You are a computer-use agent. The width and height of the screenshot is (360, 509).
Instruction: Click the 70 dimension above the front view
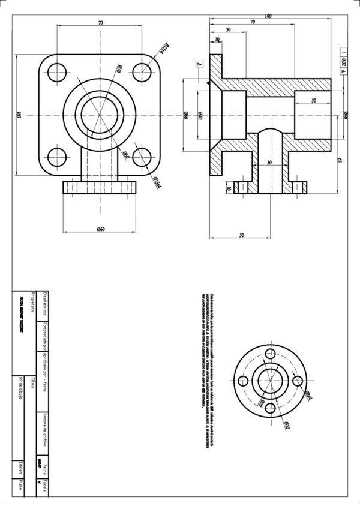pyautogui.click(x=100, y=22)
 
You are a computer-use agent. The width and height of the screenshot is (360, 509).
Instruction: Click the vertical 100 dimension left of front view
pyautogui.click(x=19, y=114)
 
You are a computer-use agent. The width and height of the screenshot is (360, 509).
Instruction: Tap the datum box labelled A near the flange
pyautogui.click(x=200, y=64)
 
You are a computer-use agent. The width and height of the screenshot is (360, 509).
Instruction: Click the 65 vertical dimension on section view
pyautogui.click(x=340, y=160)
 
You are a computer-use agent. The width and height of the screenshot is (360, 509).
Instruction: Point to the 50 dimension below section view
pyautogui.click(x=241, y=236)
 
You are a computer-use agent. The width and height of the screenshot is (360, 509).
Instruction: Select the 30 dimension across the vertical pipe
pyautogui.click(x=269, y=163)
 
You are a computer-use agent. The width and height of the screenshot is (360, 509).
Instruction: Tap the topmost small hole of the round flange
pyautogui.click(x=270, y=354)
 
